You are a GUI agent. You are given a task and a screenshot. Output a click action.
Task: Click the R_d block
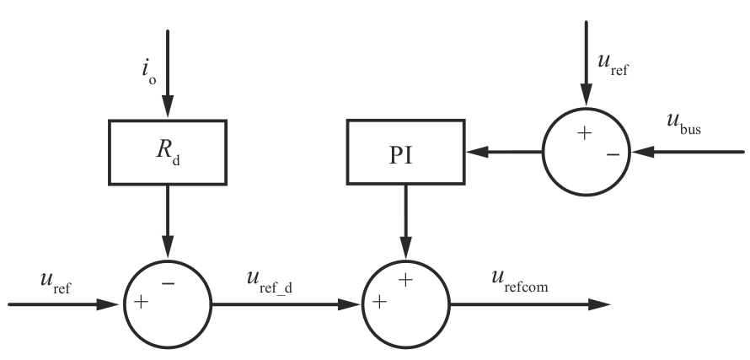click(167, 153)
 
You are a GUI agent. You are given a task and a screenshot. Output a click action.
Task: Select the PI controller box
click(405, 153)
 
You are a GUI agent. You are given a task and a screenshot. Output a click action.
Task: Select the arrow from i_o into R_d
click(167, 76)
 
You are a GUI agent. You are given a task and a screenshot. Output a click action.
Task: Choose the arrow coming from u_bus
click(687, 153)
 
